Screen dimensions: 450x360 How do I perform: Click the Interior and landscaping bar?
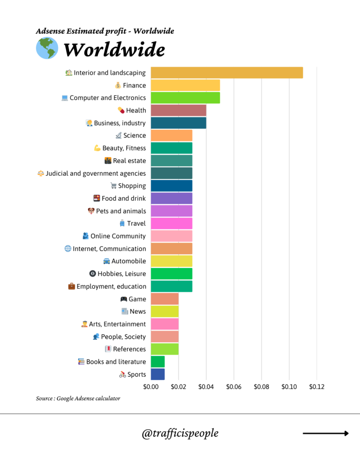tap(227, 73)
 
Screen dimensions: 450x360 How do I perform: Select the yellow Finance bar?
tap(185, 85)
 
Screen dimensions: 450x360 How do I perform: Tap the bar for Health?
tap(178, 110)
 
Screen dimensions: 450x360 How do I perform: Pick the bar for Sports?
tap(158, 374)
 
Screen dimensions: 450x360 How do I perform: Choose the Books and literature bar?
tap(158, 362)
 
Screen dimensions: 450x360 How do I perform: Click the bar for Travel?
tap(171, 223)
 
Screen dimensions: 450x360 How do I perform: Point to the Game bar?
tap(164, 299)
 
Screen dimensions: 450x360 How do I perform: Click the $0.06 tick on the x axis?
tap(234, 387)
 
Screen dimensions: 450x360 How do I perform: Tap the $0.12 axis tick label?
tap(316, 387)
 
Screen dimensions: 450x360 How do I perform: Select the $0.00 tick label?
tap(151, 387)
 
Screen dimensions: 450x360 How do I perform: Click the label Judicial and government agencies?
tap(96, 173)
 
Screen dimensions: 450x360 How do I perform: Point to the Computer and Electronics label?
tap(108, 98)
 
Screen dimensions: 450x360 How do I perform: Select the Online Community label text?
tap(118, 236)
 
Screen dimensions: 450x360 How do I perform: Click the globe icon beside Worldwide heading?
tap(47, 49)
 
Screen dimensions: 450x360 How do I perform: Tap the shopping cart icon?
tap(113, 186)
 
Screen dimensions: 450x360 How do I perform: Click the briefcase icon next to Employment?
tap(71, 287)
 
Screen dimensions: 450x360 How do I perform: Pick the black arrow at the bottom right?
tap(326, 433)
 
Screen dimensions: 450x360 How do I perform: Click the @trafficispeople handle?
tap(180, 433)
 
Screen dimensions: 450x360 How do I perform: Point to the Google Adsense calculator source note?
tap(78, 399)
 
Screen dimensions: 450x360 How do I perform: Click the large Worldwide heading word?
tap(114, 50)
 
